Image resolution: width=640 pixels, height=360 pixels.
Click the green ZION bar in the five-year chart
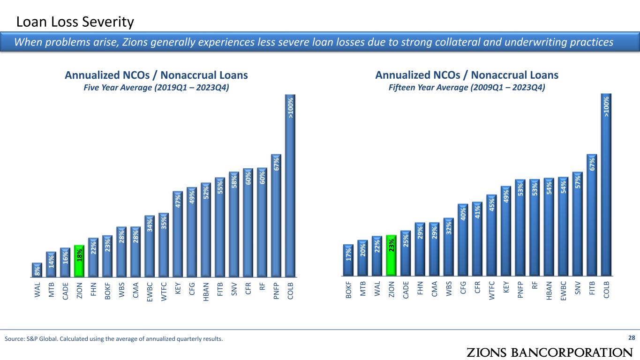[x=79, y=261]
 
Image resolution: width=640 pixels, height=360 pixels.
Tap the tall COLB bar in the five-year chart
[x=291, y=187]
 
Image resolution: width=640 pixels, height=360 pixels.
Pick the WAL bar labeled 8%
[x=37, y=270]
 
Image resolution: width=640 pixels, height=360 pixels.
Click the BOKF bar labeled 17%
[x=348, y=260]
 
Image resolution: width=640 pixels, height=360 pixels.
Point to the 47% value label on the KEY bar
[x=178, y=199]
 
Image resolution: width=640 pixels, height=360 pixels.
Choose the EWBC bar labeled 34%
[x=150, y=246]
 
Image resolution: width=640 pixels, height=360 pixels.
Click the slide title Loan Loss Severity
[x=75, y=22]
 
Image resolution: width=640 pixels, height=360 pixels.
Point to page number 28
[x=632, y=338]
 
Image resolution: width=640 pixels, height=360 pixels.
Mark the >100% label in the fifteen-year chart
[x=606, y=107]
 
